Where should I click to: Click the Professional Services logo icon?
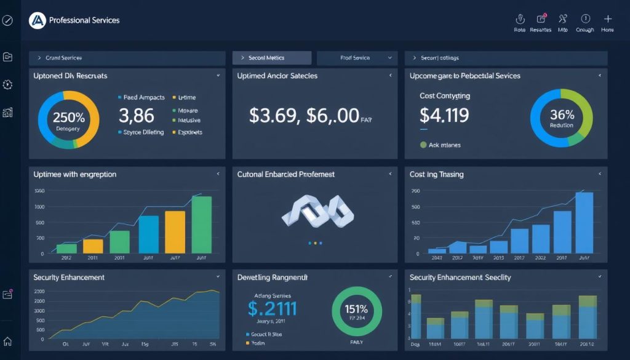click(38, 20)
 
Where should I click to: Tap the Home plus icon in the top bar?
click(608, 19)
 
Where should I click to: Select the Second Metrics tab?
click(271, 58)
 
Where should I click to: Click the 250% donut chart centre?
click(68, 120)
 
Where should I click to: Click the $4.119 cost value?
click(444, 115)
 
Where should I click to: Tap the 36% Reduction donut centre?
click(562, 118)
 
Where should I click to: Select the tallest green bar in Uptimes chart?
click(202, 225)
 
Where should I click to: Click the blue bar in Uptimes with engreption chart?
click(148, 234)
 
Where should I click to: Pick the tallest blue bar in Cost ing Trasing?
click(584, 223)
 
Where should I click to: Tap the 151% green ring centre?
click(357, 311)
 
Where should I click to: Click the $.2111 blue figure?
click(272, 308)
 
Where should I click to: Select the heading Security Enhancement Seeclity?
click(460, 278)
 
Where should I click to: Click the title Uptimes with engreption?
click(74, 175)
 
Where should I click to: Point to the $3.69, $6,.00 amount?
click(304, 116)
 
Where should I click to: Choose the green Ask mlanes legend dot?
click(423, 145)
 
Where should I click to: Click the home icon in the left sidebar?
click(7, 342)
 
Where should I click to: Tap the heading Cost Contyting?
click(444, 96)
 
